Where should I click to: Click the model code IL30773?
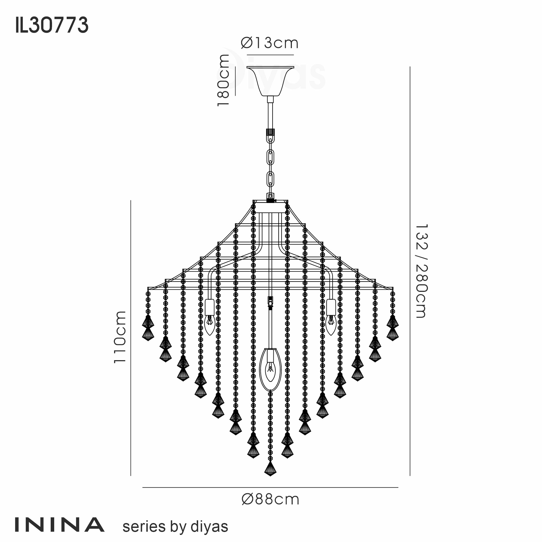[52, 25]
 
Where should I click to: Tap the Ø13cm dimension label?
[270, 43]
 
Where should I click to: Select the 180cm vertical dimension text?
[224, 80]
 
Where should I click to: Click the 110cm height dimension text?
[120, 337]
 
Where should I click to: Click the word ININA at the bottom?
[59, 525]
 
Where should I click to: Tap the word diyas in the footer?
[209, 527]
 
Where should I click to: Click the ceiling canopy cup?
[270, 81]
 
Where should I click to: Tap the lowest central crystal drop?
[270, 469]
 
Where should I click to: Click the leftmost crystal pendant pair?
[148, 328]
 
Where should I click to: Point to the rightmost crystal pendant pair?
[392, 328]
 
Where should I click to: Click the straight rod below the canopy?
[270, 115]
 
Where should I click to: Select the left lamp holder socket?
[209, 307]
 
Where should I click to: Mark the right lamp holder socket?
[331, 307]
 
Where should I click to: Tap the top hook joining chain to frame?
[270, 197]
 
